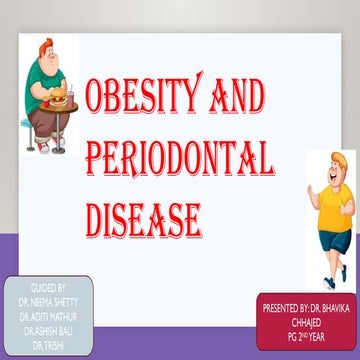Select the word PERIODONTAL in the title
(180, 159)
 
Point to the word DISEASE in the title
(144, 217)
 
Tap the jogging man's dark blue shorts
(329, 239)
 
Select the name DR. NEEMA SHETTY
(47, 298)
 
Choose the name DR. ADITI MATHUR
(47, 311)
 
